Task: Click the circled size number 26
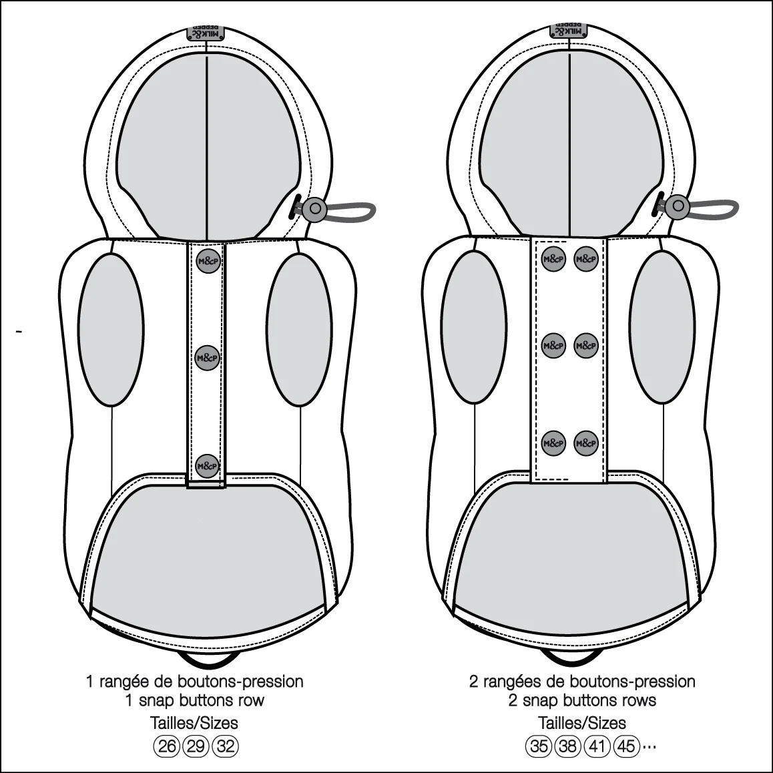pos(167,746)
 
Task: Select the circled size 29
pos(196,746)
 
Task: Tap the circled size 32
pos(225,746)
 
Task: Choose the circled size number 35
pos(539,746)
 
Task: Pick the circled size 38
pos(568,746)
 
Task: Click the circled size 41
pos(597,746)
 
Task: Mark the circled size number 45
pos(626,746)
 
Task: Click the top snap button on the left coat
pos(208,261)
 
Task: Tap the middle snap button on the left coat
pos(208,357)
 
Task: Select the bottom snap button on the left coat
pos(208,466)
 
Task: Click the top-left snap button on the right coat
pos(553,259)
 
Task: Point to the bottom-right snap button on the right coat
pos(586,443)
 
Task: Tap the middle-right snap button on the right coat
pos(586,346)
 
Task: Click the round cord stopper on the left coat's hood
pos(314,208)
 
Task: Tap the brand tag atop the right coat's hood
pos(569,31)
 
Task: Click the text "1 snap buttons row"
pos(195,700)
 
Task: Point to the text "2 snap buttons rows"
pos(582,700)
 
